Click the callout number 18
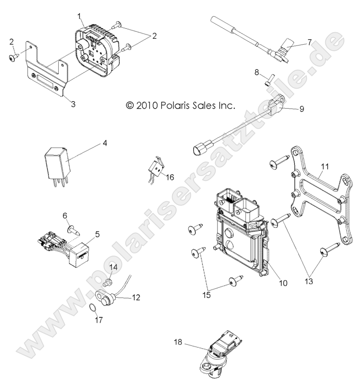coord(178,342)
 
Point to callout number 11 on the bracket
coord(325,167)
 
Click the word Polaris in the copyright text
coord(175,105)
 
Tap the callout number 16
coord(170,177)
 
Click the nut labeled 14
coord(108,282)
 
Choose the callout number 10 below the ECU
coord(283,283)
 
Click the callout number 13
coord(309,281)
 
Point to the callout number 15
coord(206,295)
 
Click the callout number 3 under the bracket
coord(73,104)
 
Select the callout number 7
coord(310,42)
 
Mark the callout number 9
coord(302,109)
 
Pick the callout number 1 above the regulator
coord(79,16)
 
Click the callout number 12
coord(136,297)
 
